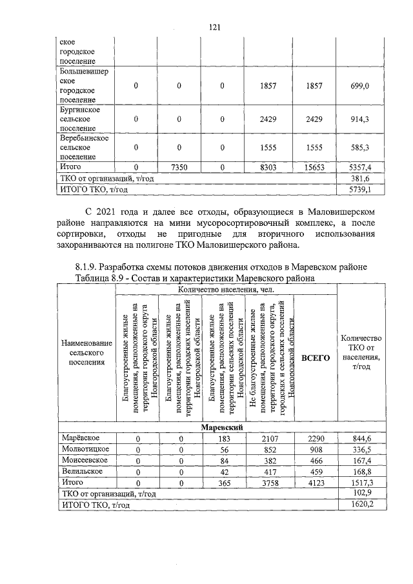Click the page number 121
click(x=215, y=26)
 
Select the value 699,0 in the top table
click(x=359, y=86)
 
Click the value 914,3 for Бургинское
click(x=359, y=119)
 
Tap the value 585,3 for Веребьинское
click(x=359, y=148)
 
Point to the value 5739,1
click(x=359, y=190)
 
